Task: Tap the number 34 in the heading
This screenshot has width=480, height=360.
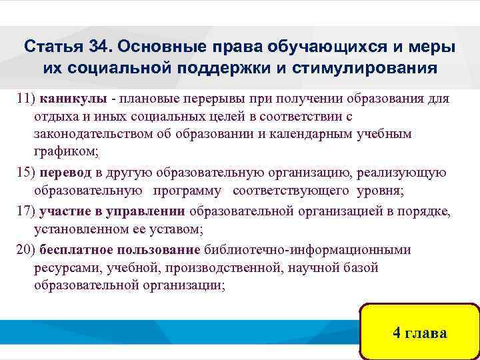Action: [x=96, y=49]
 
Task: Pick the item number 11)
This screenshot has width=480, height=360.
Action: [x=26, y=99]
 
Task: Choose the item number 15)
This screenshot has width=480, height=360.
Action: [x=26, y=173]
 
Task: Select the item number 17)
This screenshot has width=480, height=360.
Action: [x=26, y=212]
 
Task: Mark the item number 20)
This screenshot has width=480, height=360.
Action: [x=26, y=250]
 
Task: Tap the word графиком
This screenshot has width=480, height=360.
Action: [x=65, y=151]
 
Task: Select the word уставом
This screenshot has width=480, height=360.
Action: [x=175, y=231]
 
